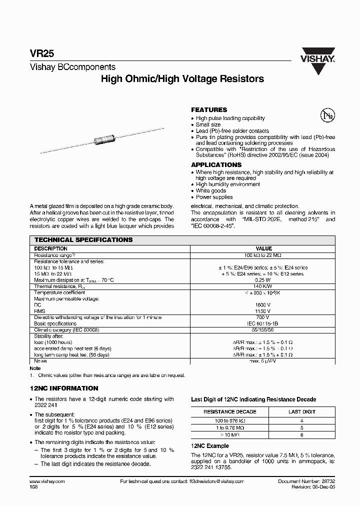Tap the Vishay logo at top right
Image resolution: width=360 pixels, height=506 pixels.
tap(317, 61)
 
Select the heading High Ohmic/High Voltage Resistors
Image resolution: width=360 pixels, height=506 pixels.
tap(182, 79)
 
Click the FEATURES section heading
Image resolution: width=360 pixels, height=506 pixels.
tap(209, 109)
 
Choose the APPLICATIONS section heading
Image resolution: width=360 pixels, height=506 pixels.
tap(216, 164)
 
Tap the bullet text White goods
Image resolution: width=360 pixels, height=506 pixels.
tap(210, 190)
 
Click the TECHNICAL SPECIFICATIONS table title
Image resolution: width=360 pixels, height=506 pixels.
tap(83, 240)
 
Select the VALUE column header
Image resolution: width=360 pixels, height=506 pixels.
tap(263, 248)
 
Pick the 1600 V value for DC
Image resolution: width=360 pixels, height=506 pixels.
tap(263, 304)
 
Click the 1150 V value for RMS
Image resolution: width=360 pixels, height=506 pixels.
tap(263, 310)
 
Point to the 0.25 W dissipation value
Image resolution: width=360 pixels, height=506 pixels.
tap(263, 280)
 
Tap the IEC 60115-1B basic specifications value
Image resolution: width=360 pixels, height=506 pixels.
tap(263, 323)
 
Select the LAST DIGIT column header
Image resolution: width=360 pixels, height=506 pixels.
tap(302, 411)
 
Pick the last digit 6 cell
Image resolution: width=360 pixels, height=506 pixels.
tap(302, 435)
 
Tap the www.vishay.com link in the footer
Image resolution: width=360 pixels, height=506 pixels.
tap(44, 480)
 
